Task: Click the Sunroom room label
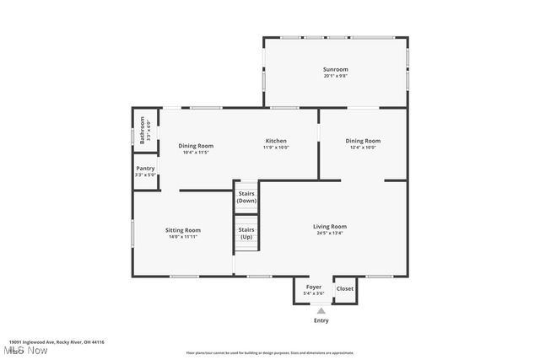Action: click(335, 69)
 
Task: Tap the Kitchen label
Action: click(276, 141)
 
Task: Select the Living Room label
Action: click(330, 226)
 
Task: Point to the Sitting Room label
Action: click(182, 230)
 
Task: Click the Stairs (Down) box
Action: click(246, 197)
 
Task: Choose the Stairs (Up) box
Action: click(246, 233)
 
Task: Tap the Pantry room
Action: click(145, 171)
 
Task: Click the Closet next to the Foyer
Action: click(345, 288)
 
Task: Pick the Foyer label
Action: click(314, 287)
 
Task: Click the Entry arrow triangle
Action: click(321, 310)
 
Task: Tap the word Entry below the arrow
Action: click(321, 320)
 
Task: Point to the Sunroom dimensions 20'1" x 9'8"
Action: click(335, 76)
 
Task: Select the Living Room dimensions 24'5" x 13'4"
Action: click(330, 233)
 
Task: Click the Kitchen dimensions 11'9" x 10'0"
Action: click(276, 148)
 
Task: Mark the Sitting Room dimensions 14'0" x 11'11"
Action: click(182, 237)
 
